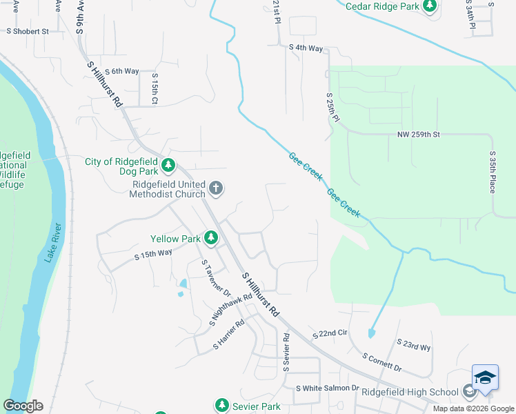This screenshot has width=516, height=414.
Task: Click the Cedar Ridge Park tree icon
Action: point(430,6)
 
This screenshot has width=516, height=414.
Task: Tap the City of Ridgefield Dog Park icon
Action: point(168,165)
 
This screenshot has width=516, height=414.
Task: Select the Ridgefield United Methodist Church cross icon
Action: point(216,188)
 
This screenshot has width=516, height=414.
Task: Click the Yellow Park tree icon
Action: point(211,239)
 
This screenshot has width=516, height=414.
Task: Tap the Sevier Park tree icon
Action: point(221,406)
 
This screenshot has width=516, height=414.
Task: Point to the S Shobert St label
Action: point(28,31)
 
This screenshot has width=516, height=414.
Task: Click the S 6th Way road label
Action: point(121,71)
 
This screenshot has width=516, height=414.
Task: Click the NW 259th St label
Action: point(418,134)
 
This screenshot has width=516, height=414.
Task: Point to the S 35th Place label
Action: point(493,172)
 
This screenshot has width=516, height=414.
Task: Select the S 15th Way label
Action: point(152,255)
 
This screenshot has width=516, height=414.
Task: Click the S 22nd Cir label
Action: point(329,334)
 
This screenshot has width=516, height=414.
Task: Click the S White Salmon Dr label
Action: point(328,388)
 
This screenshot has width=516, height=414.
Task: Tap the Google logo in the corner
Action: point(23,406)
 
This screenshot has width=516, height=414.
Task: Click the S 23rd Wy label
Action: point(414,345)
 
